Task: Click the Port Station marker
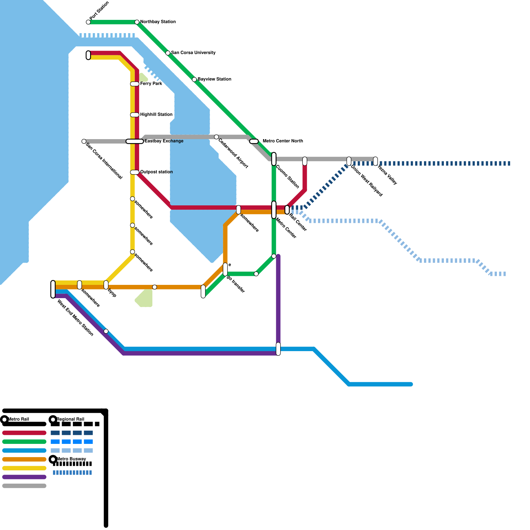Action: pos(88,22)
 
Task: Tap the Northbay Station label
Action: pos(158,22)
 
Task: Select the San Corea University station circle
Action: pos(168,53)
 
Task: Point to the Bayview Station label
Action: pos(214,79)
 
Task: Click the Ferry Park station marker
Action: pos(134,84)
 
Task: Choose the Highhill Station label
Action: pos(156,115)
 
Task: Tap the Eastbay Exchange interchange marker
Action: pos(134,141)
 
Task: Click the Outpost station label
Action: pos(156,172)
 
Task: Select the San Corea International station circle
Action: pos(84,141)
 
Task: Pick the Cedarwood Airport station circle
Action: pos(216,137)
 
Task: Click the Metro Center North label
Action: pos(283,141)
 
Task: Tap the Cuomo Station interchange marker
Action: pos(274,159)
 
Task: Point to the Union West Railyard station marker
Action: pos(349,161)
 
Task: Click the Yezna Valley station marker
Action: pos(375,161)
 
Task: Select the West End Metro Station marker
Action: pos(53,289)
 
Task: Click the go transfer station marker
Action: pos(225,269)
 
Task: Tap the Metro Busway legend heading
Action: pos(71,459)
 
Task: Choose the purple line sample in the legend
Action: pos(24,477)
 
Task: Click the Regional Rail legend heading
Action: pos(70,419)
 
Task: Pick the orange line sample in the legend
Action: pos(24,459)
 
